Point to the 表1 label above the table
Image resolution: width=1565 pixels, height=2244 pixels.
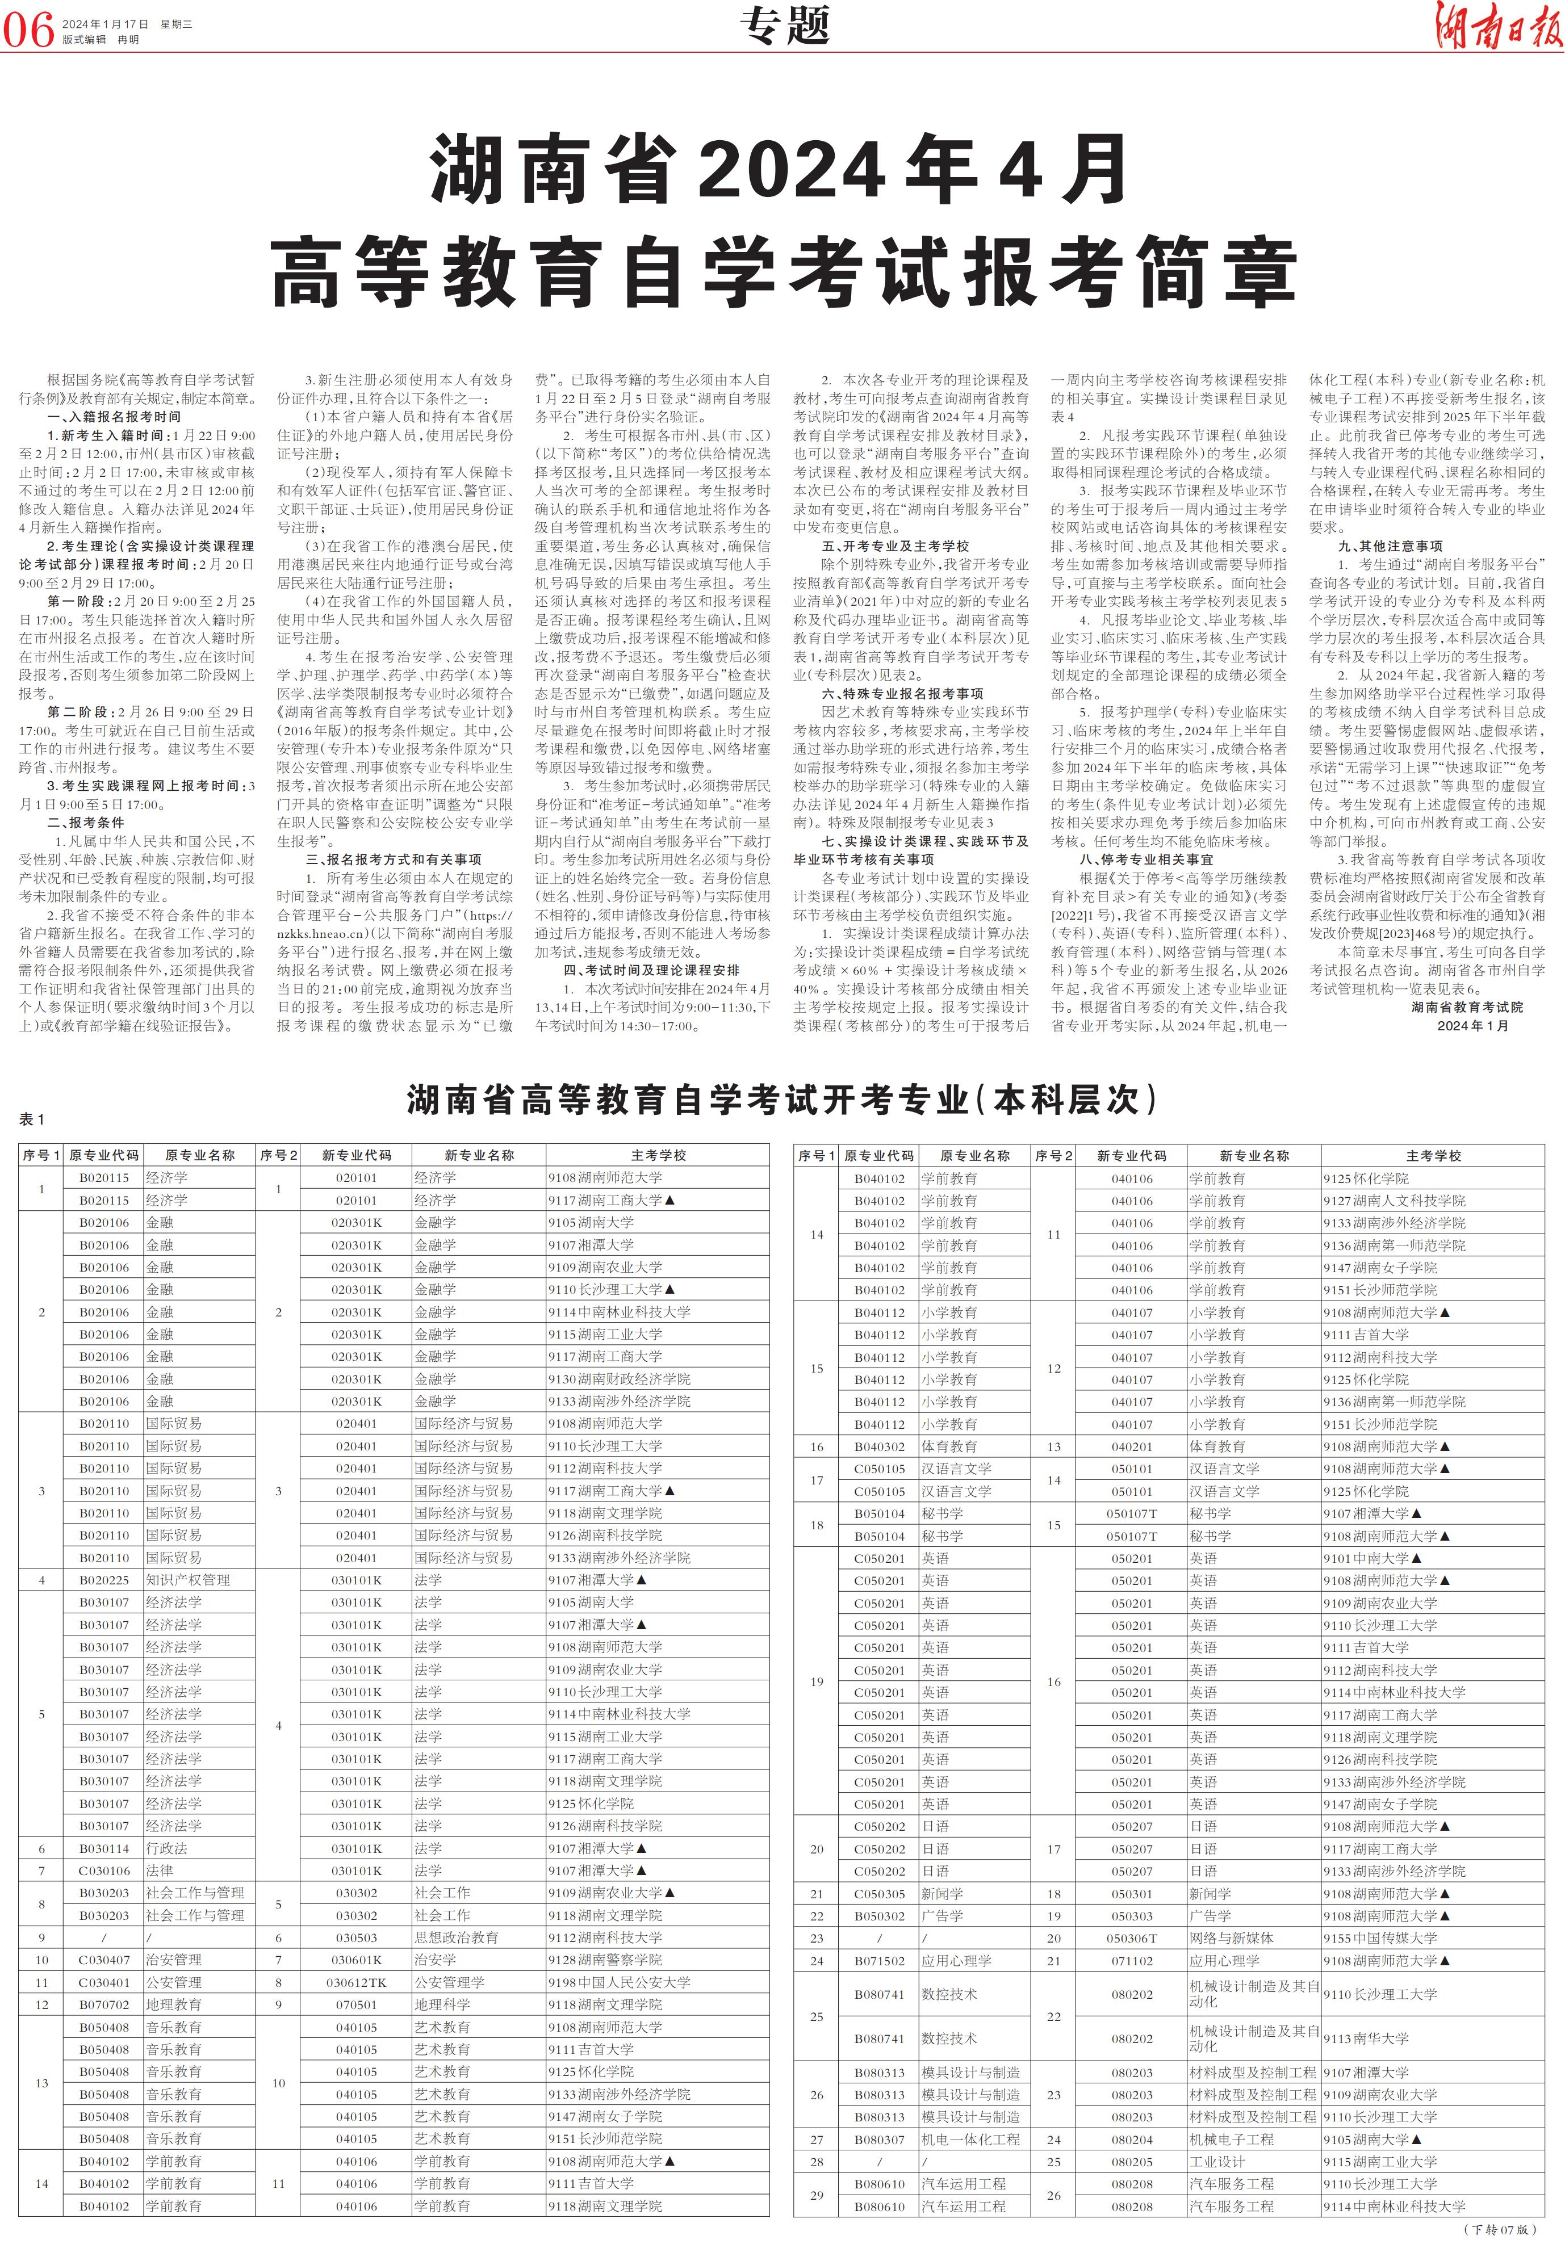pyautogui.click(x=32, y=1119)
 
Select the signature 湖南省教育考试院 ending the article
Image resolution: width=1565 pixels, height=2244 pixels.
pyautogui.click(x=1480, y=1006)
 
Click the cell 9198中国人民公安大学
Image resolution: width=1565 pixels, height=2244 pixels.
pyautogui.click(x=619, y=1983)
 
